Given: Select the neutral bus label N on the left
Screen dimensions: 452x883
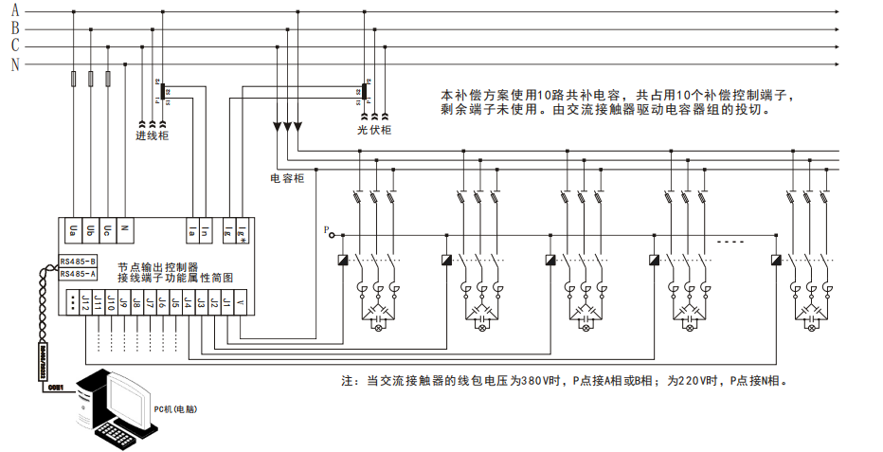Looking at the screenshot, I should click(14, 64).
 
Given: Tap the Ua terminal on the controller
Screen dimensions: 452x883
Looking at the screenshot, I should click(74, 229).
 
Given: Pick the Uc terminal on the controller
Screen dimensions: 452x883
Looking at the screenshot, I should click(108, 229).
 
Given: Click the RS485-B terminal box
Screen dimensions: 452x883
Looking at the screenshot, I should click(78, 261).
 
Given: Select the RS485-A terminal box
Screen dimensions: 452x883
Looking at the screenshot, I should click(78, 274).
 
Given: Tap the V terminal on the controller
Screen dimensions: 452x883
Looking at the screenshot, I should click(240, 303).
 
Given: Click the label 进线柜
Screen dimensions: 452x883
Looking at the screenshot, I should click(152, 136).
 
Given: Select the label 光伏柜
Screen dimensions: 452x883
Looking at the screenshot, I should click(373, 130).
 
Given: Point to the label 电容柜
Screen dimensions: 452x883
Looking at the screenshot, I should click(287, 177).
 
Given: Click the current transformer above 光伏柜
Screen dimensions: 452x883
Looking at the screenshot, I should click(365, 91).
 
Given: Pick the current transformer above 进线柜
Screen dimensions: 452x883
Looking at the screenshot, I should click(162, 91).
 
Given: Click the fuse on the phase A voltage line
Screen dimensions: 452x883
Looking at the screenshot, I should click(74, 80).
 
